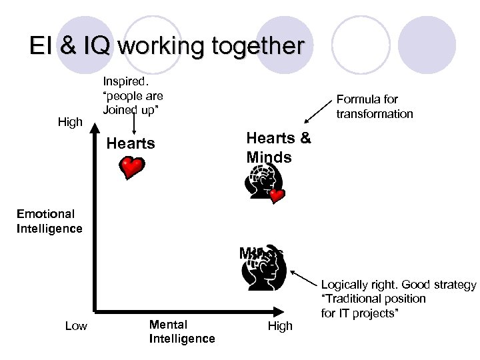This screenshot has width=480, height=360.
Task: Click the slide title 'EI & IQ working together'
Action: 167,46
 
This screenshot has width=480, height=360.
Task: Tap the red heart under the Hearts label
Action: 132,167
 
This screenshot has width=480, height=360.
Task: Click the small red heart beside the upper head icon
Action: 277,196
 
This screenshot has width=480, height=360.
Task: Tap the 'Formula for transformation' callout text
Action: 375,107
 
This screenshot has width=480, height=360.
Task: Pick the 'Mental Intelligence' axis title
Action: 182,331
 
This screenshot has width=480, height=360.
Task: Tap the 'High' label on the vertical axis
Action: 70,122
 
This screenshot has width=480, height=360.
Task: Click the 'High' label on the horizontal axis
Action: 280,326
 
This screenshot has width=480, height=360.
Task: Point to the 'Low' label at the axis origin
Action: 76,325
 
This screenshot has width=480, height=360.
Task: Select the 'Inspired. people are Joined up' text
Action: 133,95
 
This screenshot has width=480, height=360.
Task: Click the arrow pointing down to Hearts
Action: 135,125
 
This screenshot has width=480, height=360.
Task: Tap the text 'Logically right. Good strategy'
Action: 399,285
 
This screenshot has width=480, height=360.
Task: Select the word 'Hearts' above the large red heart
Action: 131,143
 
